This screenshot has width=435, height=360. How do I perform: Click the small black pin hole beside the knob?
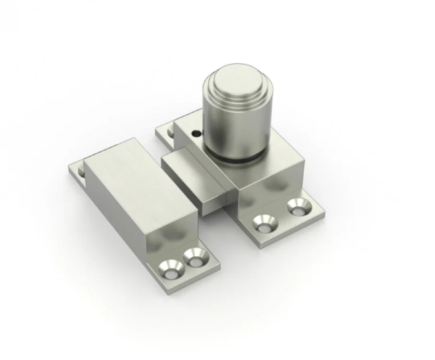196,134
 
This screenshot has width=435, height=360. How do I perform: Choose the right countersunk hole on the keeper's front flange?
192,256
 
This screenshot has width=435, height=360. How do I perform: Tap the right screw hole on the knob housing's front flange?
296,208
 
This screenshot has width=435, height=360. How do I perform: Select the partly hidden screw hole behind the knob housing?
171,133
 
